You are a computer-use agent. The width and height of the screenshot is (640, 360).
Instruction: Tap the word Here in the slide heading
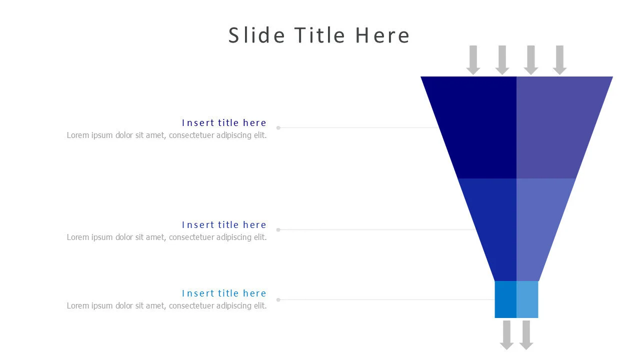pyautogui.click(x=382, y=35)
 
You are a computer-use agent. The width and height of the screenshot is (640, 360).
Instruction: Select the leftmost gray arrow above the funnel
pyautogui.click(x=473, y=60)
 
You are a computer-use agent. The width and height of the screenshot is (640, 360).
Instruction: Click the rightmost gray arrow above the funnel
pyautogui.click(x=559, y=60)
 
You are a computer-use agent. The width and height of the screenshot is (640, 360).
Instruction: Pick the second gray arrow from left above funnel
pyautogui.click(x=502, y=60)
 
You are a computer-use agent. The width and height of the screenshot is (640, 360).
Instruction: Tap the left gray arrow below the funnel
pyautogui.click(x=506, y=334)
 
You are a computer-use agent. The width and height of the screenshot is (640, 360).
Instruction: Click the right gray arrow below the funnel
pyautogui.click(x=525, y=334)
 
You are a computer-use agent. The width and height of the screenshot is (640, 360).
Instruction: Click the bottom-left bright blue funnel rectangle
pyautogui.click(x=505, y=299)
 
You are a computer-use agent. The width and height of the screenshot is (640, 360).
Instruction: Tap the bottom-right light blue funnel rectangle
pyautogui.click(x=527, y=299)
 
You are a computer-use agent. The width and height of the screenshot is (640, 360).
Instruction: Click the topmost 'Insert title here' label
pyautogui.click(x=224, y=123)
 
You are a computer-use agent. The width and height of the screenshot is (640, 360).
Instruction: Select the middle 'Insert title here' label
pyautogui.click(x=224, y=225)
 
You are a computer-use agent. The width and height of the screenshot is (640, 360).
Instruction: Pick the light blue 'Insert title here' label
pyautogui.click(x=224, y=293)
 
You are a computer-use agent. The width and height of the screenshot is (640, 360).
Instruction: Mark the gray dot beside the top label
pyautogui.click(x=278, y=128)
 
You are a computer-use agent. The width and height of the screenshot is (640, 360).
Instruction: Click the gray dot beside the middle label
pyautogui.click(x=278, y=230)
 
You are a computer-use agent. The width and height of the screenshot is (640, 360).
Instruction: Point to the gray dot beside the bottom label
pyautogui.click(x=278, y=300)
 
